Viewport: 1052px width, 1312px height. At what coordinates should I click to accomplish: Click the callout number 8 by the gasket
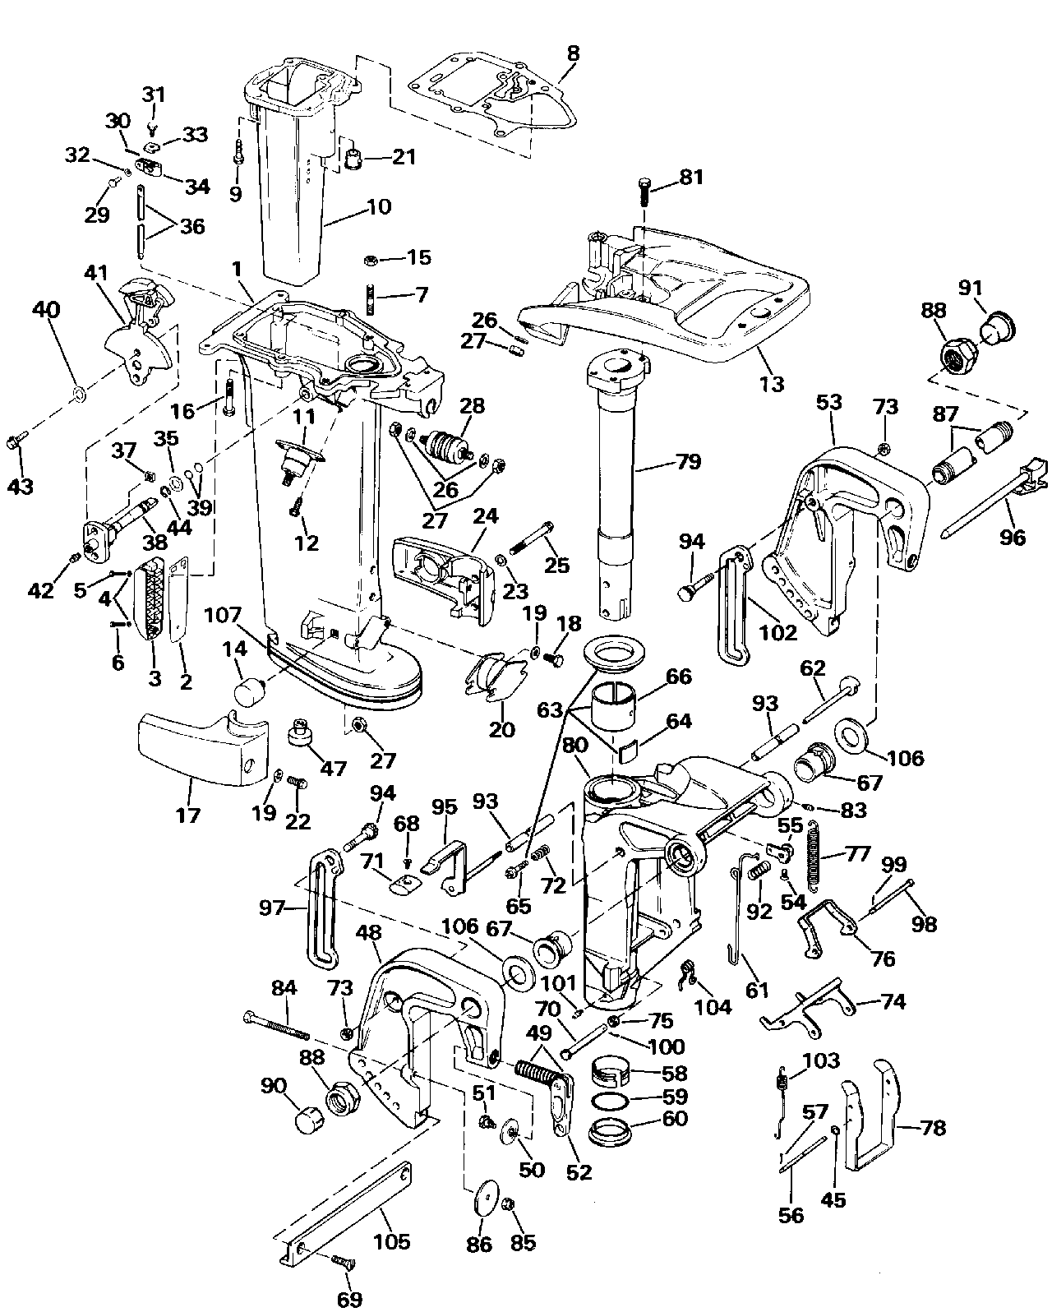click(573, 53)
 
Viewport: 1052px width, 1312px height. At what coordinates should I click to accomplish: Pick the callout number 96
click(1012, 537)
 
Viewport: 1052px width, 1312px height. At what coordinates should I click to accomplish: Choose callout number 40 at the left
click(47, 310)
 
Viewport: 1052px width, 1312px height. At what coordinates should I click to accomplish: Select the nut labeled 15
click(371, 261)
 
